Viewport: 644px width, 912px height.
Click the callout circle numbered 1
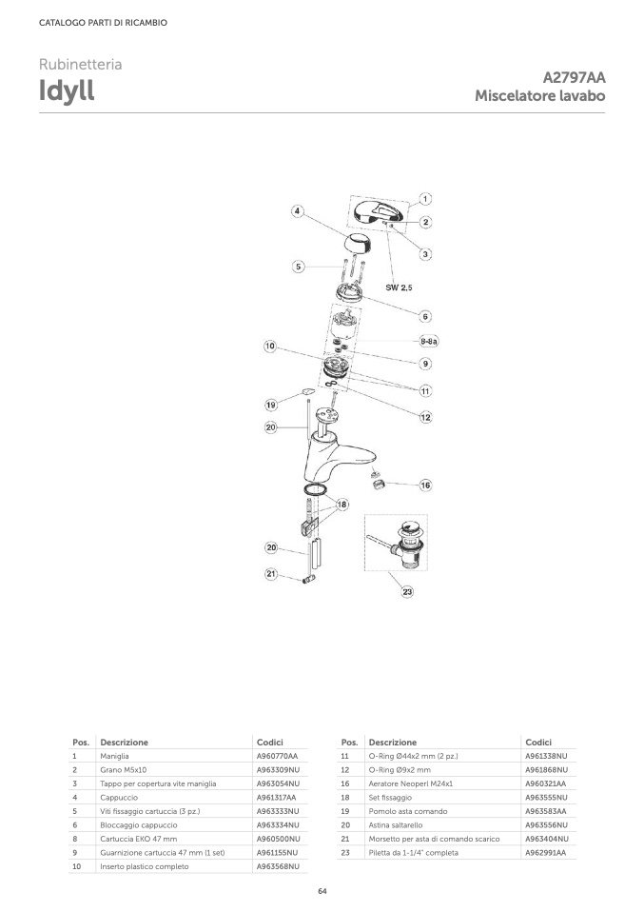425,199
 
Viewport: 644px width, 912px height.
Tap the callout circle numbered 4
297,211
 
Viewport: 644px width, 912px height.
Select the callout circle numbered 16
425,486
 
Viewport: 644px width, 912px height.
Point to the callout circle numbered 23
407,591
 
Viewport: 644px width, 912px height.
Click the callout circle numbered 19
271,405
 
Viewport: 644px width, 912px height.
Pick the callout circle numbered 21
271,574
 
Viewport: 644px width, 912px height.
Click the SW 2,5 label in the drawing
399,287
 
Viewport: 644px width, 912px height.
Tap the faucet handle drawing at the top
376,212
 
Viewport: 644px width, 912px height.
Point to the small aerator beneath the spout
378,482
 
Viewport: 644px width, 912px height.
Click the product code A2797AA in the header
574,77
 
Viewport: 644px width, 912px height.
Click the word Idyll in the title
67,90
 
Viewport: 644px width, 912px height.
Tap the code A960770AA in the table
277,756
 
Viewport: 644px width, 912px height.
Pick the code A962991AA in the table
546,853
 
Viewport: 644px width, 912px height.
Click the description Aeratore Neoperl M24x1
410,783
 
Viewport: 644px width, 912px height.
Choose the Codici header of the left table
270,743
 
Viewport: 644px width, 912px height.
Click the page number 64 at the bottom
322,891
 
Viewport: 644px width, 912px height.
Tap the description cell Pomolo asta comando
408,811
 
